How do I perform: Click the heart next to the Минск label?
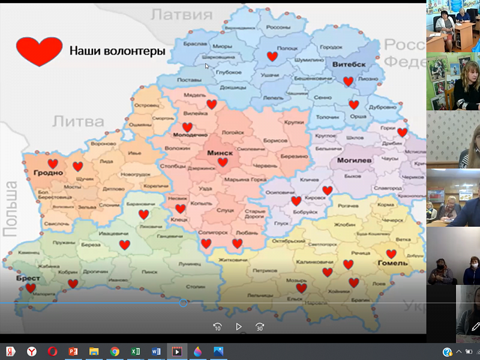click(223, 162)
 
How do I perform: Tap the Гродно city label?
click(49, 173)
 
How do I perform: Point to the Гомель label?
click(393, 263)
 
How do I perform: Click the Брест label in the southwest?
click(28, 279)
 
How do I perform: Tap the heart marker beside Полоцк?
click(272, 56)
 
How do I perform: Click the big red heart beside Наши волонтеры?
click(39, 51)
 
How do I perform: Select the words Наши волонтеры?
click(117, 52)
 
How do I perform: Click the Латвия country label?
click(179, 14)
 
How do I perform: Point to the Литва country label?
click(79, 121)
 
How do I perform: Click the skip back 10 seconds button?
click(217, 327)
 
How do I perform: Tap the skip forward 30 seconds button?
click(259, 327)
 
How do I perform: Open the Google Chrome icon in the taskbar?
click(115, 352)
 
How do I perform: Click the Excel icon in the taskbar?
click(136, 352)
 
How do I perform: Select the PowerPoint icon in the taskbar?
click(73, 352)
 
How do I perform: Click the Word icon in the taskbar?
click(156, 352)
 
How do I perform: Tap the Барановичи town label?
click(142, 205)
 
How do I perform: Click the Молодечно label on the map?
click(190, 136)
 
